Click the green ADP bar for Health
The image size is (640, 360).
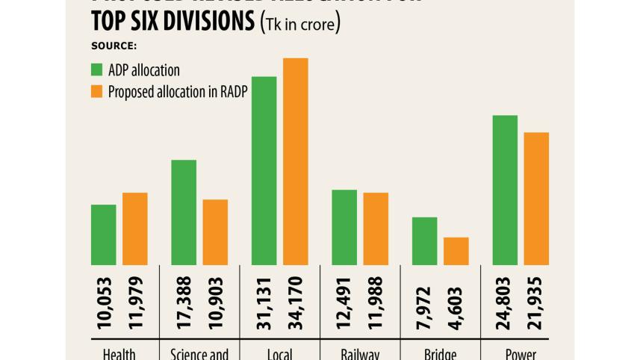click(103, 235)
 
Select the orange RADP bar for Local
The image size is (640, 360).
click(296, 161)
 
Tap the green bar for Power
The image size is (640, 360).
click(505, 190)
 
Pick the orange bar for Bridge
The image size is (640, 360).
click(456, 251)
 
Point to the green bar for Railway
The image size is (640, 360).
click(344, 227)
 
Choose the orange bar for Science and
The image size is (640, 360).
click(215, 232)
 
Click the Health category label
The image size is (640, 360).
click(119, 353)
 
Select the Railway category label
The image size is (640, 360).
click(360, 353)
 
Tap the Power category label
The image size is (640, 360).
click(521, 353)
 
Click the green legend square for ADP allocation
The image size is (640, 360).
click(96, 70)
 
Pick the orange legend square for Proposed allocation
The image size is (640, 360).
click(96, 90)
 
